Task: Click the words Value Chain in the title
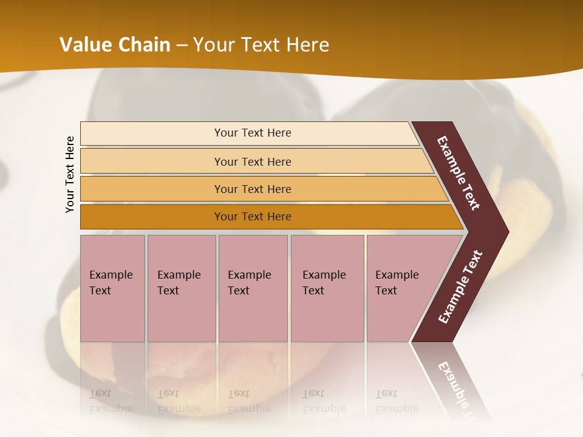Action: point(115,45)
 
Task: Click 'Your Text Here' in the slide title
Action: point(261,45)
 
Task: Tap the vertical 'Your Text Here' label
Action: point(70,174)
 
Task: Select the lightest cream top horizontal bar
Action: point(152,134)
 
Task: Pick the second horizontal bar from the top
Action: point(152,161)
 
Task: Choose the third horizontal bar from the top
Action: point(152,189)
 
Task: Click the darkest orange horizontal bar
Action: point(152,217)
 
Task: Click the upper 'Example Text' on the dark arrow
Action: point(459,173)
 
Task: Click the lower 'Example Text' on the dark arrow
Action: point(460,287)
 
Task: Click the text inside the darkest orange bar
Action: point(253,217)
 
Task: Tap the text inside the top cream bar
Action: point(253,133)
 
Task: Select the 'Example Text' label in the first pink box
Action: point(111,283)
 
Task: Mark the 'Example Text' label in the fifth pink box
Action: point(397,283)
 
